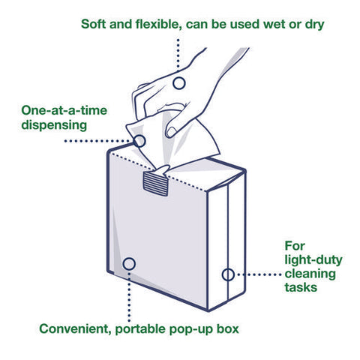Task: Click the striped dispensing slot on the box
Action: point(155,184)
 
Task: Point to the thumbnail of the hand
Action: point(171,132)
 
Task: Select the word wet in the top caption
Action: point(274,25)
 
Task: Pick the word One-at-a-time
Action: point(64,110)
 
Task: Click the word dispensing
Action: point(54,125)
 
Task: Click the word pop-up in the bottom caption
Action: point(190,330)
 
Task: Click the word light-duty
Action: point(313,260)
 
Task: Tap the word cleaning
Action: point(310,274)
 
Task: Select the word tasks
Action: point(301,287)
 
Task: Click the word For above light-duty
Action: point(295,246)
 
